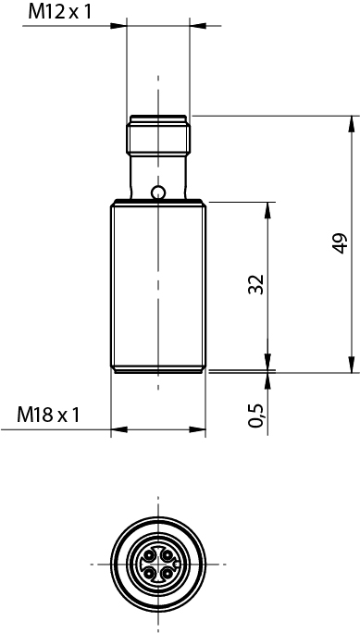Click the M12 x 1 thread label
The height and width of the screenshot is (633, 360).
[x=60, y=12]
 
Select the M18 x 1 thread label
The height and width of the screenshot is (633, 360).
[x=48, y=415]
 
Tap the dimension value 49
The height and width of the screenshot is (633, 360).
[x=340, y=243]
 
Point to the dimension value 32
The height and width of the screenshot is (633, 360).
[x=255, y=284]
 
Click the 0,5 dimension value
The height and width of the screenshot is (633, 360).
[x=256, y=415]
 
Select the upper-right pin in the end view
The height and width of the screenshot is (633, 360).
[x=166, y=556]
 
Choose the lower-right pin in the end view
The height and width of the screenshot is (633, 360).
[x=166, y=572]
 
